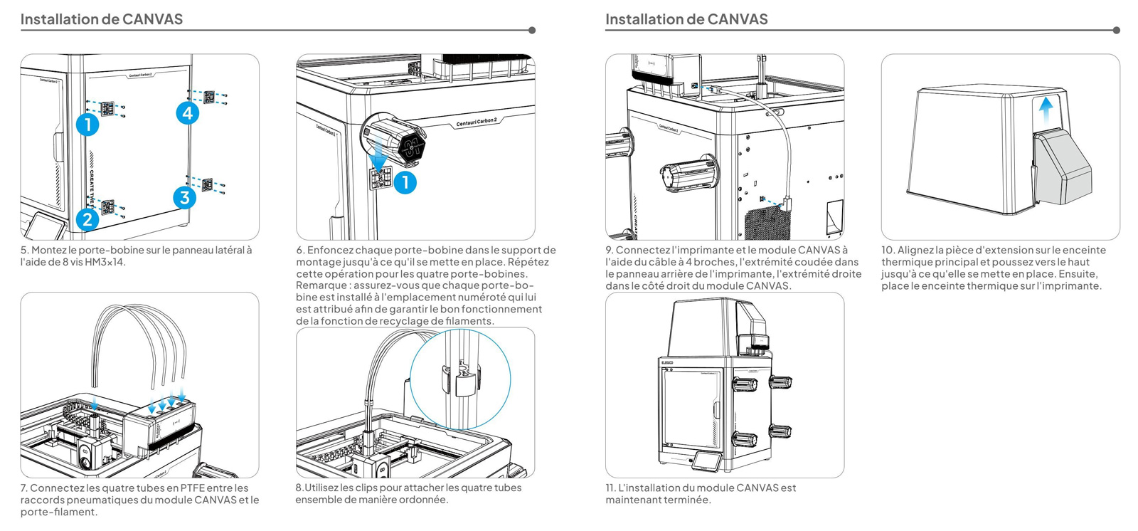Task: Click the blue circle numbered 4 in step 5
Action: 188,113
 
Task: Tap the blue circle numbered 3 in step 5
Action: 185,197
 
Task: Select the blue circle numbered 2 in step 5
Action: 87,219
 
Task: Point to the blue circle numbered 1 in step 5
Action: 87,125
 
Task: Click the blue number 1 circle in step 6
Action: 405,183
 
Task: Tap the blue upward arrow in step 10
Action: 1046,110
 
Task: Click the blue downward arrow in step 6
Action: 380,154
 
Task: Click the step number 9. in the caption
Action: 610,251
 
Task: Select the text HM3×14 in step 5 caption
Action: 105,263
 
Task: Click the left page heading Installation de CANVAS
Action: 102,19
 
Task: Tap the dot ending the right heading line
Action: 1116,31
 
